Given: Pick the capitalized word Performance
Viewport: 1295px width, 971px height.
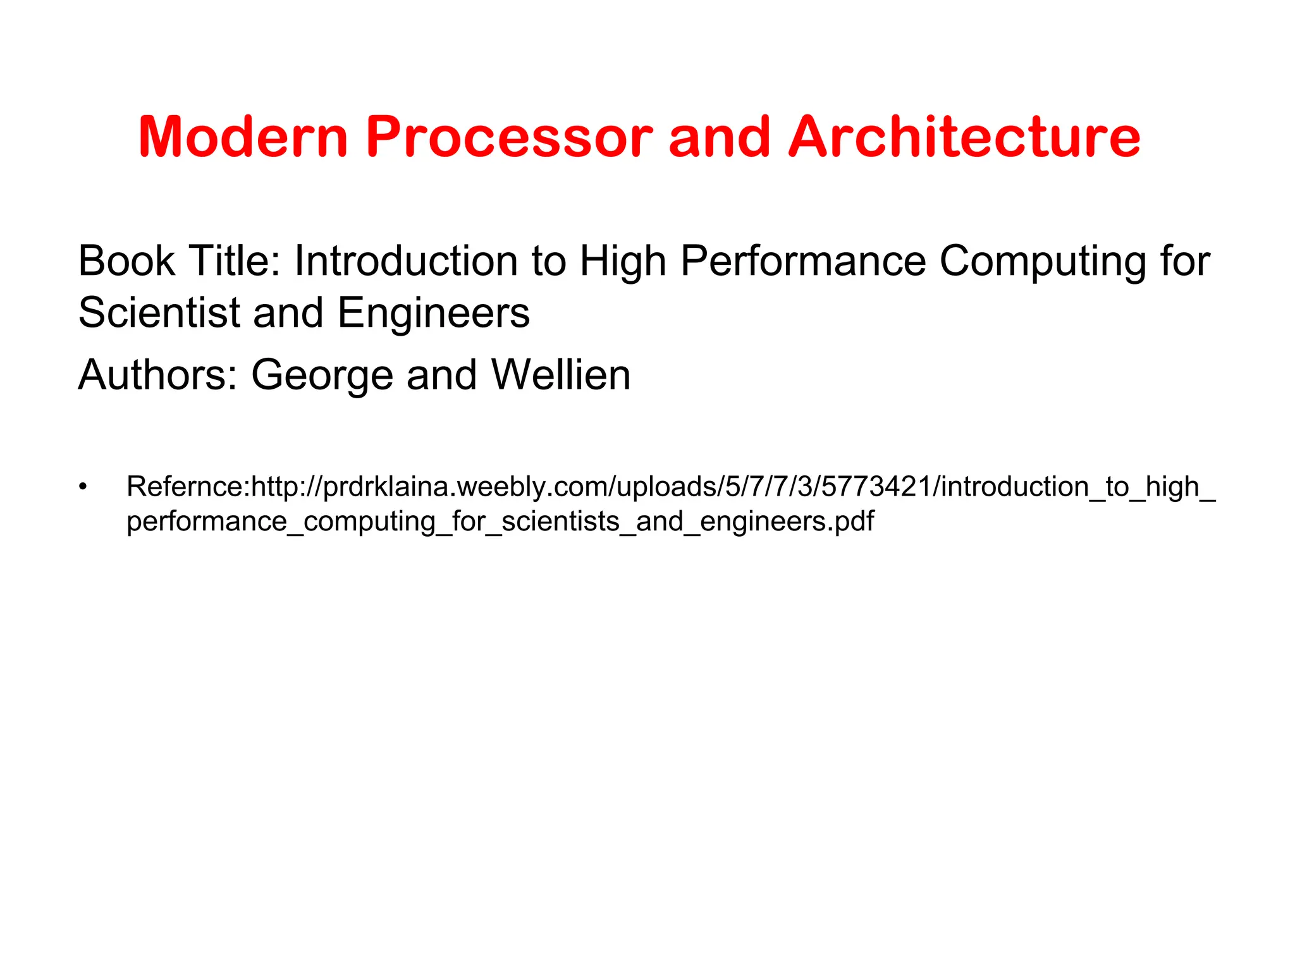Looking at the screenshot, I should [803, 261].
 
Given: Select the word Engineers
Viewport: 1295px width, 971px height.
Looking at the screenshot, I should [434, 312].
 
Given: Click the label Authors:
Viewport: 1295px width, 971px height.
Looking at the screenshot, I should [157, 375].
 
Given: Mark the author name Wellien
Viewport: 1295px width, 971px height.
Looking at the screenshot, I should [561, 375].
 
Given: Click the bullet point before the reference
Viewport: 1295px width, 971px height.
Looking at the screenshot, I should [82, 487].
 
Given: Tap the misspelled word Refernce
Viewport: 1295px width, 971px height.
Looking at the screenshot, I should [185, 487].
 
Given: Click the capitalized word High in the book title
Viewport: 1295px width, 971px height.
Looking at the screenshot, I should [623, 262].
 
